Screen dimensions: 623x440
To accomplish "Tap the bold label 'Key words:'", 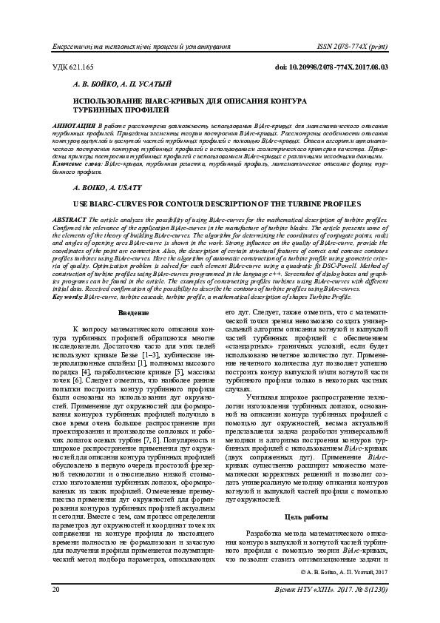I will [x=68, y=297].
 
